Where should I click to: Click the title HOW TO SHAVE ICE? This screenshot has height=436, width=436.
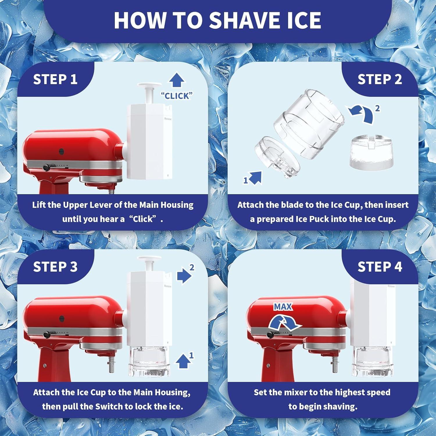(217, 20)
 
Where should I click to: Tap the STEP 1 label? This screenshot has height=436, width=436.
(55, 79)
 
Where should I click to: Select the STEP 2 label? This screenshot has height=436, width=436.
(380, 79)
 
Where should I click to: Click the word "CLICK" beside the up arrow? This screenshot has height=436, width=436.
(177, 96)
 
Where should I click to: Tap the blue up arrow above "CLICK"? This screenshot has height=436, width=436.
(176, 80)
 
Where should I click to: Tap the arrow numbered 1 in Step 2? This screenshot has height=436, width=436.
(255, 178)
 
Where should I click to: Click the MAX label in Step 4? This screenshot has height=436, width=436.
(283, 307)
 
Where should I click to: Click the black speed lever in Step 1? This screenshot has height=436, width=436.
(46, 167)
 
